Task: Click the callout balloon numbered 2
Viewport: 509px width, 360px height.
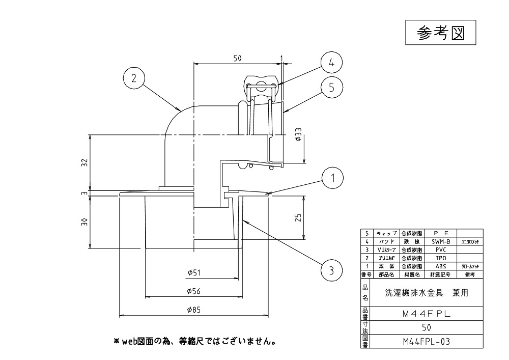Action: coord(134,79)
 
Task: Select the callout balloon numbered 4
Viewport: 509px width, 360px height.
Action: coord(331,63)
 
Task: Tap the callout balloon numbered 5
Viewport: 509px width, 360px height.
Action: coord(331,87)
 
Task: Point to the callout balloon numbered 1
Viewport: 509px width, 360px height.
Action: coord(332,178)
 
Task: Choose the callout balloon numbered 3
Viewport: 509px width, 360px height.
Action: coord(332,270)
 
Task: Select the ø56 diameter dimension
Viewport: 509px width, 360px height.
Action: coord(193,291)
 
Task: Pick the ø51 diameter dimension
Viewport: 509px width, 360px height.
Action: coord(193,272)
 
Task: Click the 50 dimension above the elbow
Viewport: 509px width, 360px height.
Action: coord(237,59)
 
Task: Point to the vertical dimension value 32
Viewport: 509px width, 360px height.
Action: coord(85,163)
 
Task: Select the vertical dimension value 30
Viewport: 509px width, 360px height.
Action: coord(85,222)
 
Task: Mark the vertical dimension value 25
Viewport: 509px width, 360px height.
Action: coord(299,217)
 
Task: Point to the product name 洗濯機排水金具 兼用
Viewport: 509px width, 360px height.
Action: coord(426,293)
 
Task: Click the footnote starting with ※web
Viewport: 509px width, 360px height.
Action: coord(195,340)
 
